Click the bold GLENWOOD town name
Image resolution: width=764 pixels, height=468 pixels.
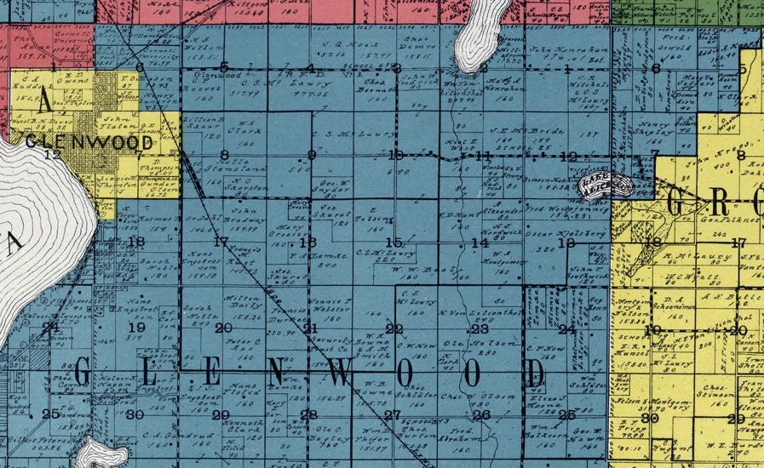[92, 142]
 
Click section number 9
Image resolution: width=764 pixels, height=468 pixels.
[312, 155]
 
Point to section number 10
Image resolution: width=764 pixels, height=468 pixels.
[395, 155]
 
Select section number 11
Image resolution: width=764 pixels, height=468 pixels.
[484, 156]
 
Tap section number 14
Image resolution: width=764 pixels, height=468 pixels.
[480, 243]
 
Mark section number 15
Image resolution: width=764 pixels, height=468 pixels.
[393, 243]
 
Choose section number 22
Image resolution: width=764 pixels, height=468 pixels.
[393, 329]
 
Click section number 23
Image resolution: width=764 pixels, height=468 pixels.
[480, 329]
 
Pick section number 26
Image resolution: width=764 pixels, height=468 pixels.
[482, 415]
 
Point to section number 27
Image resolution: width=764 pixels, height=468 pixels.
[392, 415]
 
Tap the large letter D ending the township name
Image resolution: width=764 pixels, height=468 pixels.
[534, 373]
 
